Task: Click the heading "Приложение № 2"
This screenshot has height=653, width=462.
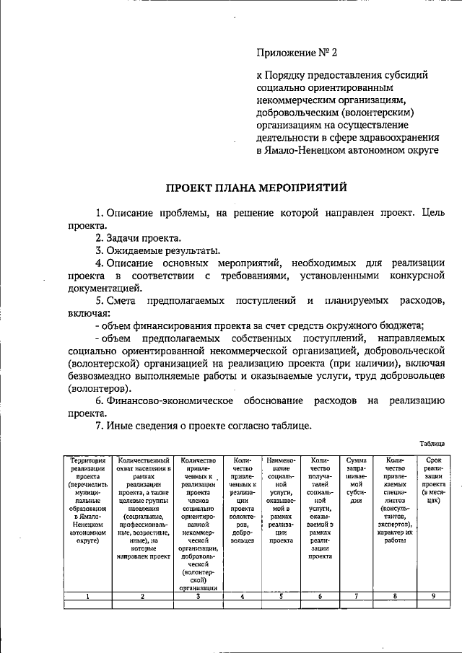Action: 297,53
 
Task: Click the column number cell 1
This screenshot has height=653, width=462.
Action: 87,596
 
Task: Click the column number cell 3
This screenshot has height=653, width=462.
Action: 198,596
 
